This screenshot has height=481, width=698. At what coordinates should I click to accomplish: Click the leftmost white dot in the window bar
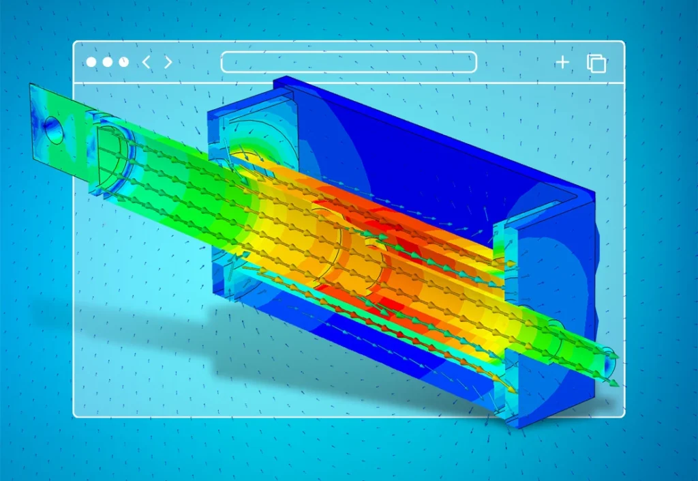(x=91, y=62)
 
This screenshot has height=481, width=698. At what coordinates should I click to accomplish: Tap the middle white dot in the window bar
(x=108, y=62)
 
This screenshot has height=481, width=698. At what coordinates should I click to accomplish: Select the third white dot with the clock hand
(x=123, y=62)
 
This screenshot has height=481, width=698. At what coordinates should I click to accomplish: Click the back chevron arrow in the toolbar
(x=146, y=62)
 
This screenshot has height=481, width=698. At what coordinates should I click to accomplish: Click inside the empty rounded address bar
(x=348, y=62)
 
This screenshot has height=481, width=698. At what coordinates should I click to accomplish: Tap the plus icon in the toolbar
(x=562, y=63)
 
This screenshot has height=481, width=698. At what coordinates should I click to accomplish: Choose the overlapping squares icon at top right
(x=596, y=63)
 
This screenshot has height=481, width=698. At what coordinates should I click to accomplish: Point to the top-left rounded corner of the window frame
(x=76, y=44)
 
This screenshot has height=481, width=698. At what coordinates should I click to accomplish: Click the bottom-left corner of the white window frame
(x=76, y=414)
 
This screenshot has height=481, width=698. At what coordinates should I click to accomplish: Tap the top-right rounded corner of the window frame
(x=622, y=44)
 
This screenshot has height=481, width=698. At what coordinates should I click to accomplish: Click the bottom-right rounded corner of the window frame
(x=622, y=414)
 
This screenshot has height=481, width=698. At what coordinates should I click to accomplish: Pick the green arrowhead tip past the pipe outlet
(x=618, y=384)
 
